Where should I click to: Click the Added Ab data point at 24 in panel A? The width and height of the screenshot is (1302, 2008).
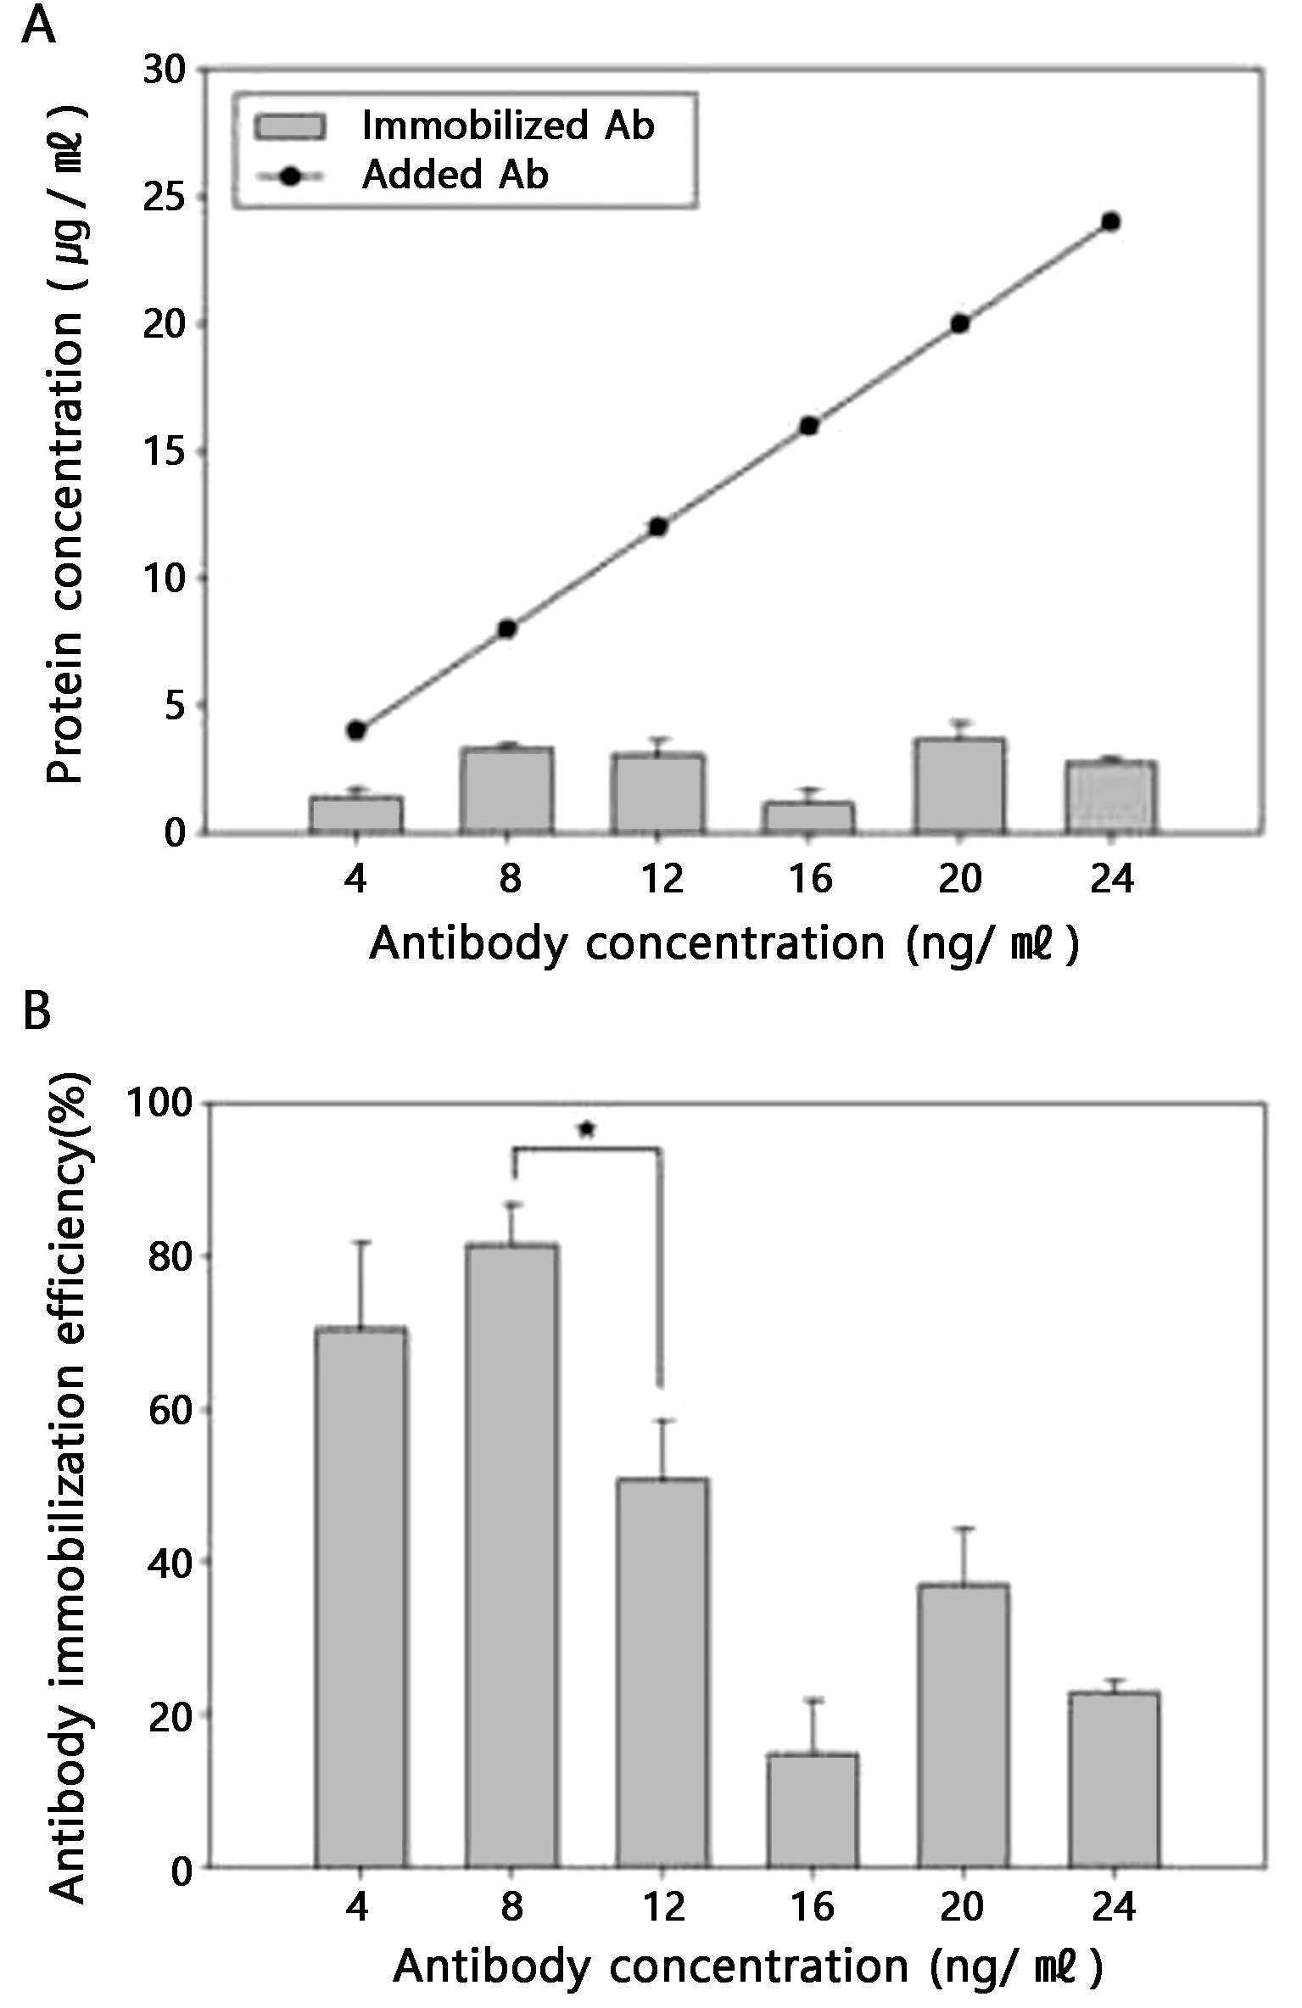tap(1110, 222)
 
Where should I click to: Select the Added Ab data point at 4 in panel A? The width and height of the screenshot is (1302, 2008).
tap(356, 730)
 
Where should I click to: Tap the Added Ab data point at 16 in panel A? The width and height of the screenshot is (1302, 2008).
tap(809, 426)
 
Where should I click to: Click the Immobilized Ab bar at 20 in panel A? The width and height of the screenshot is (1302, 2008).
tap(959, 786)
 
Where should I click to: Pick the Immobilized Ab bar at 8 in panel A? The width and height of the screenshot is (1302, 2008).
tap(507, 790)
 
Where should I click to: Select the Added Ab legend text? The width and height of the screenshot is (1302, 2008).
tap(455, 175)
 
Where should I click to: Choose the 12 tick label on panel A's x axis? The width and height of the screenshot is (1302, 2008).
tap(662, 878)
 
